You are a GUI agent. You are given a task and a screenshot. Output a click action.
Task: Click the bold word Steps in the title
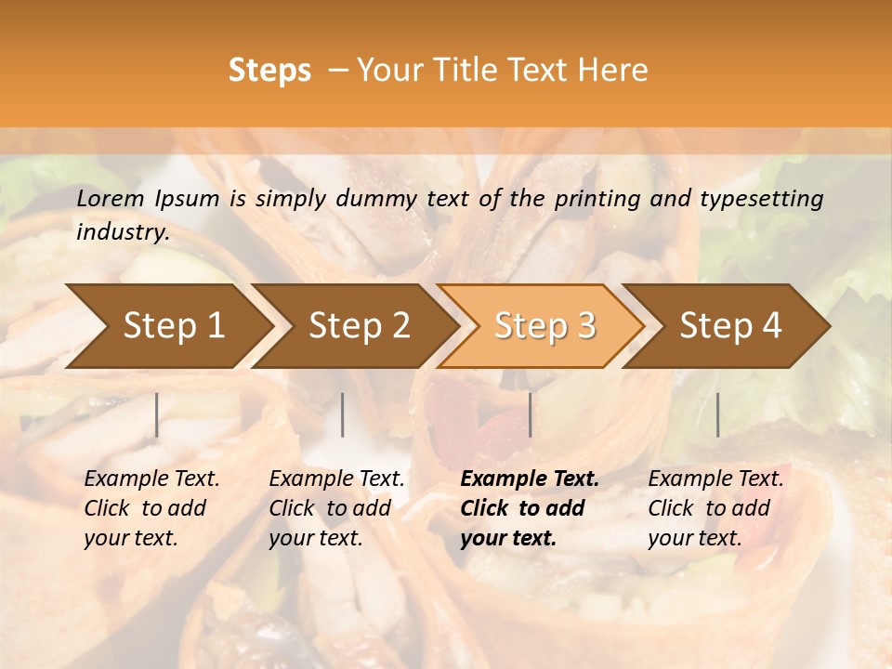point(269,71)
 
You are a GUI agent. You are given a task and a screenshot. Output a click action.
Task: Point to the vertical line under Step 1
point(157,414)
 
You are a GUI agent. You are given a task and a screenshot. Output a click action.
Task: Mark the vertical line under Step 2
point(343,414)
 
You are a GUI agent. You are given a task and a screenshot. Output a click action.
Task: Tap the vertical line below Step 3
point(531,414)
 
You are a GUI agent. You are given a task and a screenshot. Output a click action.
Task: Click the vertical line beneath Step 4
point(717,414)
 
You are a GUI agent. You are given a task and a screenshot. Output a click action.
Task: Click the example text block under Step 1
point(151,508)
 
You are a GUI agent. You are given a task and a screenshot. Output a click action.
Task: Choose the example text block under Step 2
point(336,508)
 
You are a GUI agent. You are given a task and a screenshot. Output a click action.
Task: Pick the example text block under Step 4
point(715,508)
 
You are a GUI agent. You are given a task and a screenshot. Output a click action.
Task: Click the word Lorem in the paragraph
point(111,199)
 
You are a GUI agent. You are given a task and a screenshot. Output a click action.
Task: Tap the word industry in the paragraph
point(122,232)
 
